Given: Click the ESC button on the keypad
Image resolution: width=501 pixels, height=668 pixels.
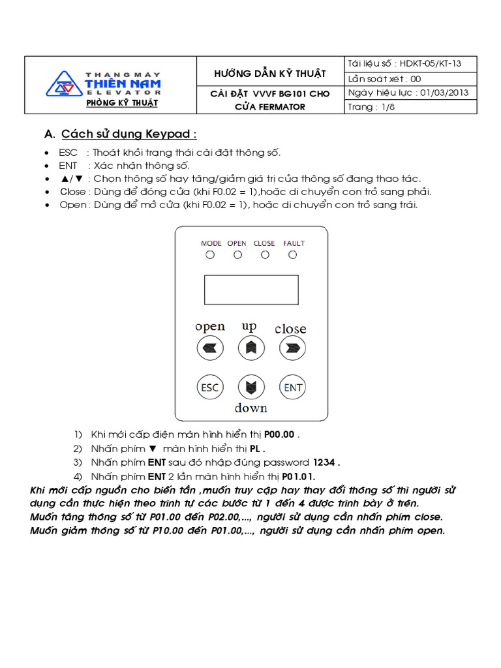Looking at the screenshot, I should click(209, 387).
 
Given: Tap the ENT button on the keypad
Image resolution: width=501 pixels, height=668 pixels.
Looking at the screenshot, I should click(293, 387).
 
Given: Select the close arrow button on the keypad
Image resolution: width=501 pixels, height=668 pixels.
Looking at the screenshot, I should click(293, 348).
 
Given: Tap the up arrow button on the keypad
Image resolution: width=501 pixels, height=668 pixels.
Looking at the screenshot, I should click(250, 348).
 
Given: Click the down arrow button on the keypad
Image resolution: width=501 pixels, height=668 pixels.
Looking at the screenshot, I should click(250, 387).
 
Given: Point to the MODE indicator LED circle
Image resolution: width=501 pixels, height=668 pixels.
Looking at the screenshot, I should click(210, 255).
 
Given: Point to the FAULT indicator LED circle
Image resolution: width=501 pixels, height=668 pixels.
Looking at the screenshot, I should click(293, 255).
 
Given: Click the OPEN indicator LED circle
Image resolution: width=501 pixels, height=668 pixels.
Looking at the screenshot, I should click(237, 255).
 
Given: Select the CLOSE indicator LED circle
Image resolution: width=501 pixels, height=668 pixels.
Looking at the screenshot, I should click(265, 255).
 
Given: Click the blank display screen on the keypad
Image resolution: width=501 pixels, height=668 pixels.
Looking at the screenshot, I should click(251, 290).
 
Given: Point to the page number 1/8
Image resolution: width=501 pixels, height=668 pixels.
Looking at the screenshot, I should click(387, 107).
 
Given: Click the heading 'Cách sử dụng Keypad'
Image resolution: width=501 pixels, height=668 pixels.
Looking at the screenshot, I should click(129, 134).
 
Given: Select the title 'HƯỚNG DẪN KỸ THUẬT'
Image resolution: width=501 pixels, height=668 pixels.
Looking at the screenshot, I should click(270, 74).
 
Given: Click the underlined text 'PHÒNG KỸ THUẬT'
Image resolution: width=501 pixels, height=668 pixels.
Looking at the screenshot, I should click(122, 103).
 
